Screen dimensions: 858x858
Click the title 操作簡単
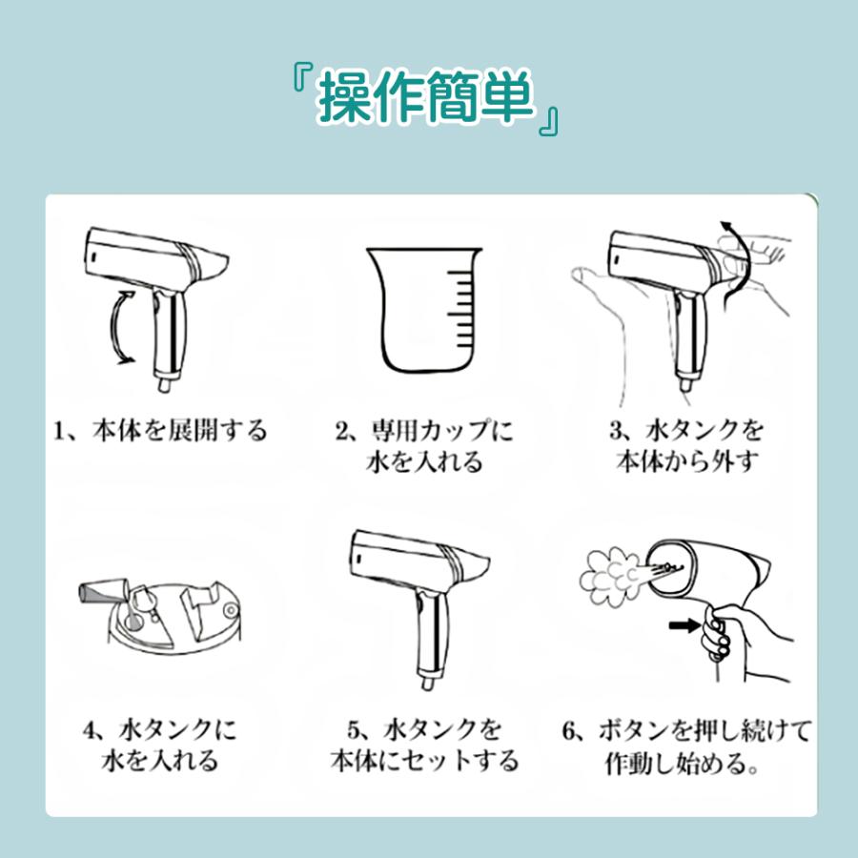pos(426,97)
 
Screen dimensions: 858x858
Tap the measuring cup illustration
pos(424,311)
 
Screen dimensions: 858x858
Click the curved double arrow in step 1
pos(121,327)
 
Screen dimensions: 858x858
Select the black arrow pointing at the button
pos(684,624)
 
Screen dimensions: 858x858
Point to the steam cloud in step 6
pos(608,578)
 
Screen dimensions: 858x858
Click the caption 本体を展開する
pos(179,431)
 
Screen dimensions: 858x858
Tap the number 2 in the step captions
pos(342,432)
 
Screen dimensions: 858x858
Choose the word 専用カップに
pos(441,431)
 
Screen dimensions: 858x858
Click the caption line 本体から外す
pos(686,461)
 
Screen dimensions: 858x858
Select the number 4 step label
pos(90,730)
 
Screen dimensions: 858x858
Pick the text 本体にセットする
pos(424,761)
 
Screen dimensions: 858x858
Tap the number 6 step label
pos(570,731)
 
